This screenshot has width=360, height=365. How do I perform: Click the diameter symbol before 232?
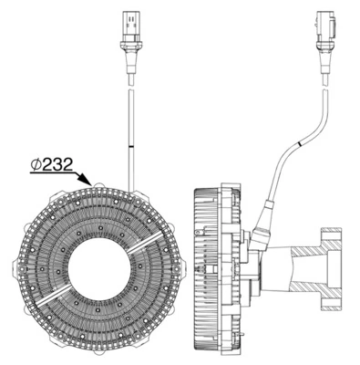(36, 164)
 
